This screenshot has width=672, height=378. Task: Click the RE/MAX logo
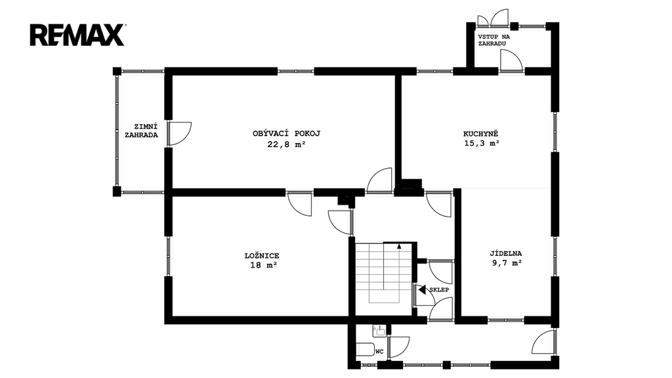click(x=77, y=35)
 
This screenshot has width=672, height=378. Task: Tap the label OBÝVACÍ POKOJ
click(x=286, y=133)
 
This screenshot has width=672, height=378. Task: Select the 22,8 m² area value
click(x=286, y=144)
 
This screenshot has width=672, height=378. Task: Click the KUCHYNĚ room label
click(x=481, y=133)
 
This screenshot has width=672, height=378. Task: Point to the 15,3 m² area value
click(x=482, y=144)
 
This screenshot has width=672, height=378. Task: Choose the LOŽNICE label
click(x=262, y=256)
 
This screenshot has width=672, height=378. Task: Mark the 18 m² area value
click(x=264, y=265)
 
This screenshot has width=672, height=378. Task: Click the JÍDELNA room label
click(x=506, y=253)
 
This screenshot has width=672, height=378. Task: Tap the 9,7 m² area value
click(x=507, y=263)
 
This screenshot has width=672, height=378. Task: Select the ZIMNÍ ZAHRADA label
click(x=142, y=131)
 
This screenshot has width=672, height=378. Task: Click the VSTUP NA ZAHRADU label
click(x=493, y=40)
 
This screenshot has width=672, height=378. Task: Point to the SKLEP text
click(x=439, y=289)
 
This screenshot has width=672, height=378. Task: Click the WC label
click(x=379, y=352)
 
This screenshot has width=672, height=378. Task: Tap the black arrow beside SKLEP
click(x=422, y=289)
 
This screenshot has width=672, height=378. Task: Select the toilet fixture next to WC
click(x=365, y=349)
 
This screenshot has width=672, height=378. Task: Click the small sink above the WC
click(x=379, y=330)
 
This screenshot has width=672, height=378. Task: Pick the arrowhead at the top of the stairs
click(x=399, y=246)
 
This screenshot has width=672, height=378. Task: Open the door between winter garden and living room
click(x=179, y=134)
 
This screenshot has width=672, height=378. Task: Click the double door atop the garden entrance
click(x=493, y=18)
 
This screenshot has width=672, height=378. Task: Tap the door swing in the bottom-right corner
click(x=543, y=341)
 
